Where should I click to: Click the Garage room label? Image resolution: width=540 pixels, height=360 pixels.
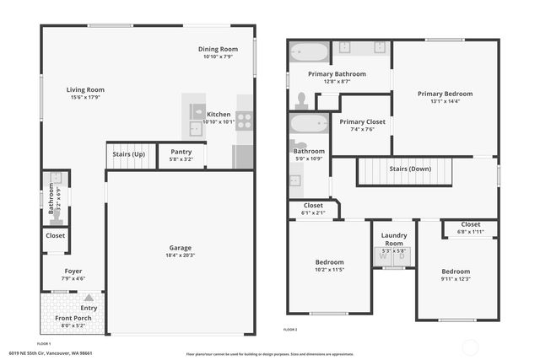[x=179, y=248]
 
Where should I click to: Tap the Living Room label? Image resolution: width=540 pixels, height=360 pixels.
[x=85, y=89]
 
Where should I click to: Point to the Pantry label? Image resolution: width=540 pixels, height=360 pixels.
[x=181, y=152]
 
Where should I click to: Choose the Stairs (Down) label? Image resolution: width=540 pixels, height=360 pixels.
[x=410, y=169]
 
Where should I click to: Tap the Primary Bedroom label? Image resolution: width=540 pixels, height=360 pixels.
[x=445, y=94]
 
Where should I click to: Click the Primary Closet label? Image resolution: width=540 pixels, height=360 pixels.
[x=362, y=122]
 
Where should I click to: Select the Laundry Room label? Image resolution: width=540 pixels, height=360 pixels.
[x=394, y=239]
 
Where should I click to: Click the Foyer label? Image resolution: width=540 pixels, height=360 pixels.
[x=72, y=271]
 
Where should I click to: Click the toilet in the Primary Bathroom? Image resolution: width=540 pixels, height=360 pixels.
[x=301, y=99]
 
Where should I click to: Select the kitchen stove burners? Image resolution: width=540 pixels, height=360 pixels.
[x=245, y=120]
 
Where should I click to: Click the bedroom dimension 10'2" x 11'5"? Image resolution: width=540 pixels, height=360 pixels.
[x=329, y=269]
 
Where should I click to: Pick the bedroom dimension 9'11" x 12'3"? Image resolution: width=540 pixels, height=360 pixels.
[x=456, y=278]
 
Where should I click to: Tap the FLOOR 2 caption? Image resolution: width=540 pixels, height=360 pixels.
[x=290, y=329]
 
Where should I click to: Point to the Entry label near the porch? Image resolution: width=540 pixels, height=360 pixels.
[x=89, y=308]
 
